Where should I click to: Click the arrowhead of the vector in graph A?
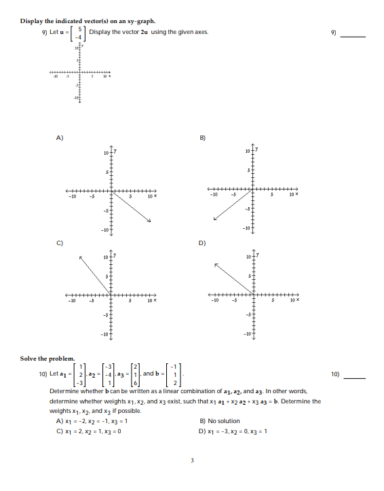point(149,220)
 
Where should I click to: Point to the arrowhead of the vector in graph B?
point(215,219)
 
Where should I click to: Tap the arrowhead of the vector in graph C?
point(79,257)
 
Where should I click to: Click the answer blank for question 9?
point(353,35)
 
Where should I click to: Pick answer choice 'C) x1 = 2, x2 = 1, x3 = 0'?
point(93,430)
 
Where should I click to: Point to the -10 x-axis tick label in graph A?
point(71,198)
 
